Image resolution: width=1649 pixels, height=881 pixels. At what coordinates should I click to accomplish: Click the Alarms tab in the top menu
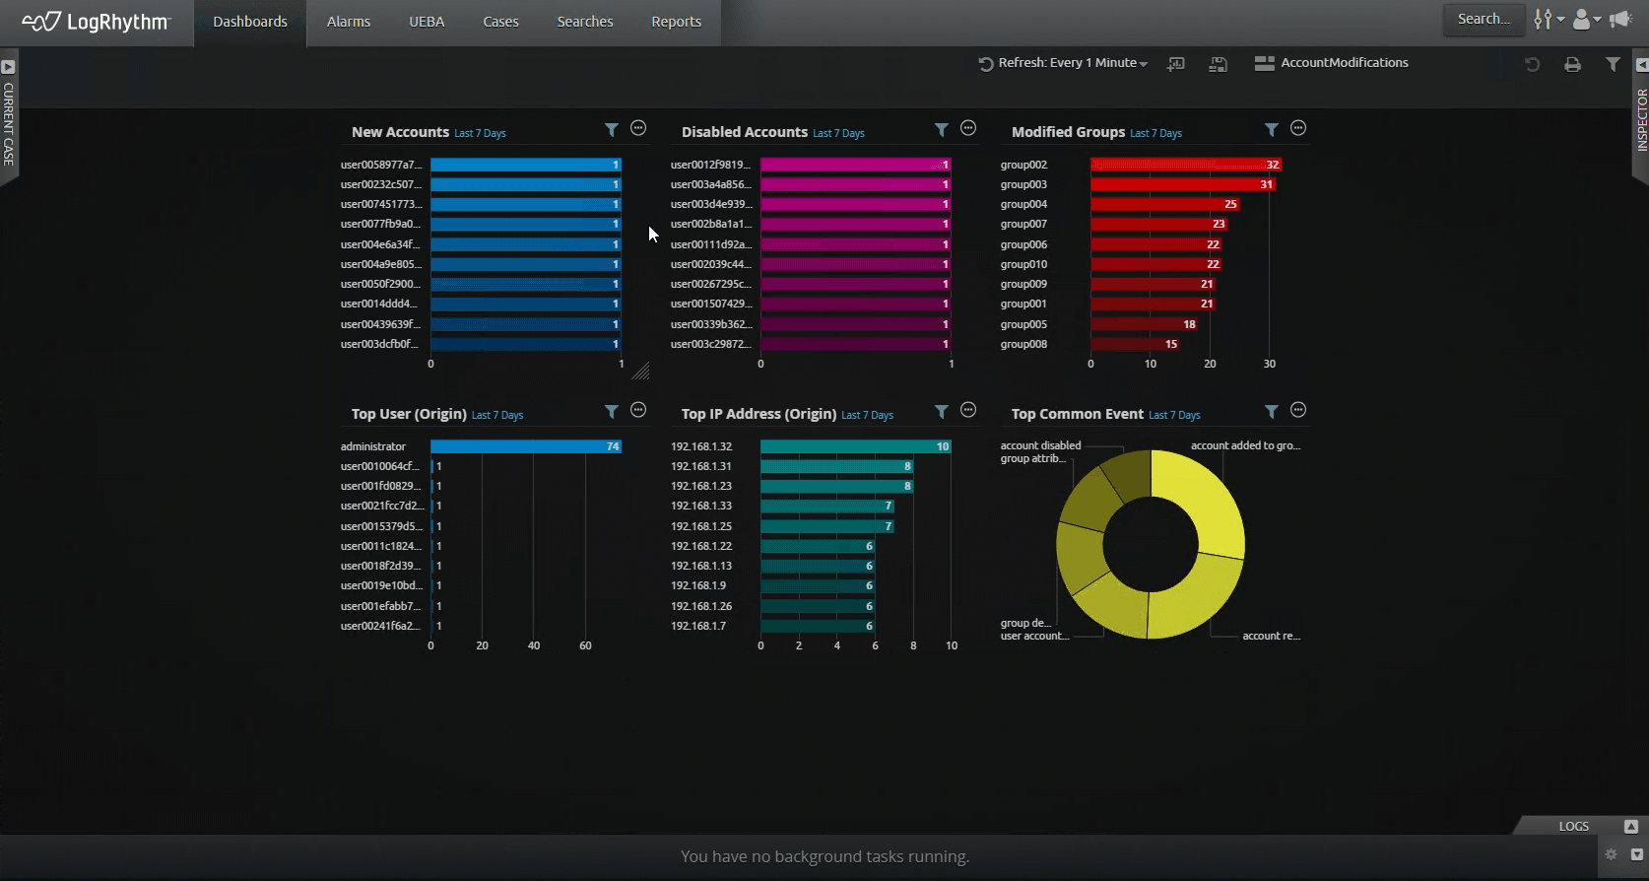[349, 22]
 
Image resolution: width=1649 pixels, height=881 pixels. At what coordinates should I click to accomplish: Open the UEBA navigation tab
[427, 22]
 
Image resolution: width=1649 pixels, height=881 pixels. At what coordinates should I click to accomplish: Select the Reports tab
[676, 22]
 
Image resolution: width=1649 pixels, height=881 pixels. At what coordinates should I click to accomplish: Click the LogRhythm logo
[97, 22]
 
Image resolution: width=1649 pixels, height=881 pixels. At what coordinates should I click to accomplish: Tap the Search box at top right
[1484, 19]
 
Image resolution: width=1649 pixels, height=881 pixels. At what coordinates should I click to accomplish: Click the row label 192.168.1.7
[698, 626]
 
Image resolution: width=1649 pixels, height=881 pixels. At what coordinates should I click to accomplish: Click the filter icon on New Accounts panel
[612, 129]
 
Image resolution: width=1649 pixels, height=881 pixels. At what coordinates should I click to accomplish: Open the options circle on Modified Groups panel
[1298, 128]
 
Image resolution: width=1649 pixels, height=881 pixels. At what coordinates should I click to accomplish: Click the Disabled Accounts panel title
[744, 132]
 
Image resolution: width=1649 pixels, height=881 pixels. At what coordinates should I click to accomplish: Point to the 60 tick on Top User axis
[585, 645]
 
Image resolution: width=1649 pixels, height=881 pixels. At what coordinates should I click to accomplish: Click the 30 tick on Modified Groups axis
[1270, 364]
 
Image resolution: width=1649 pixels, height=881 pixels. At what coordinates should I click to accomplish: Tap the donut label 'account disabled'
[1040, 445]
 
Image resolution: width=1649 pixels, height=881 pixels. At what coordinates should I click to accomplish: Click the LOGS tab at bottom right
[1573, 826]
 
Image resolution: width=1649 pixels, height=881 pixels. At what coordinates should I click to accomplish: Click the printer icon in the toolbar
[1572, 64]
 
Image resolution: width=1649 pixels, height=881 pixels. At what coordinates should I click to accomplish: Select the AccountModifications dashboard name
[1344, 63]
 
